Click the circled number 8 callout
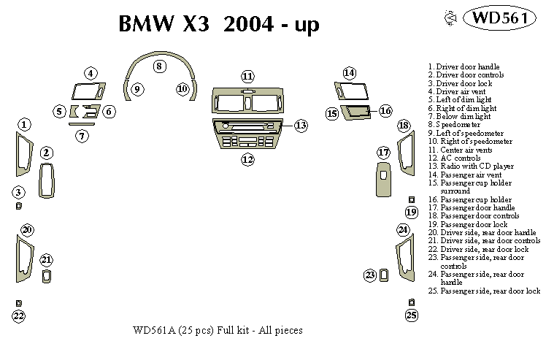[x=158, y=66]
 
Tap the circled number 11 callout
[x=248, y=77]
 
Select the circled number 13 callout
[x=301, y=126]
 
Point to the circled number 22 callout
[x=18, y=315]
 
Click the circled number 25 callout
[x=412, y=315]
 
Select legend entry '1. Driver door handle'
[x=464, y=66]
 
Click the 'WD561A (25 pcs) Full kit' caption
[x=218, y=330]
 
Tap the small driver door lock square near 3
[x=18, y=206]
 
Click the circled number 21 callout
[x=47, y=260]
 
